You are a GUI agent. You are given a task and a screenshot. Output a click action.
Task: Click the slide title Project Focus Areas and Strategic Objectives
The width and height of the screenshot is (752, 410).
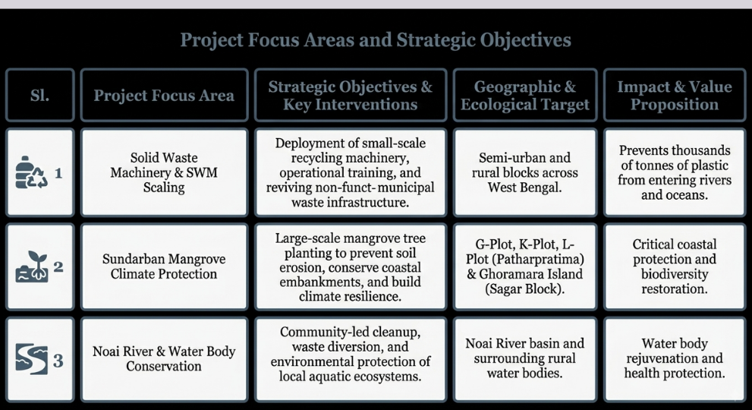click(376, 39)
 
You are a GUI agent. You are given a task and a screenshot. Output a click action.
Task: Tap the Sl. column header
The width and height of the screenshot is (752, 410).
click(39, 95)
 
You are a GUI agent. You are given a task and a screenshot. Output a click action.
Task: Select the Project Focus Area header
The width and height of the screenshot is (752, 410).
click(164, 95)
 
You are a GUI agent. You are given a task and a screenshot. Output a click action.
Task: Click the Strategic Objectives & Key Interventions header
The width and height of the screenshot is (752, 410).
click(350, 95)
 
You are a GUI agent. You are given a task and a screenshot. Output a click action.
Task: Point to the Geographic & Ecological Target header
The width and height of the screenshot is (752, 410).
click(524, 95)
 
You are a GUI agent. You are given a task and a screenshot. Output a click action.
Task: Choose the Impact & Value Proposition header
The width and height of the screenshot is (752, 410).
click(675, 95)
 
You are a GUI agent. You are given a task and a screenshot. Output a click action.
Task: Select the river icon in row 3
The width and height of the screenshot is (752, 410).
click(32, 359)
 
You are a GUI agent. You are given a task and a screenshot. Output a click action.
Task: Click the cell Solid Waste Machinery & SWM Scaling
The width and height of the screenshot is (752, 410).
click(164, 172)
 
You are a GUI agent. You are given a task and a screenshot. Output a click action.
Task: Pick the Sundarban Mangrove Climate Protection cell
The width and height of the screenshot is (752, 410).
click(164, 266)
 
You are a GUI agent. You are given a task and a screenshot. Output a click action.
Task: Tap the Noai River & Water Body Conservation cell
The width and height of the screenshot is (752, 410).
click(164, 358)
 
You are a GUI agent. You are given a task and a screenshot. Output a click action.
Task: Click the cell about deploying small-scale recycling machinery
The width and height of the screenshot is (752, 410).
click(350, 172)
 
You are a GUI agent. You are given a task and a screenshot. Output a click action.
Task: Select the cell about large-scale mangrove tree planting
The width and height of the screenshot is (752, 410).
click(350, 266)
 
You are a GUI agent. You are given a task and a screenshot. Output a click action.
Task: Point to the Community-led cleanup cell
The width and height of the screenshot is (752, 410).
click(350, 358)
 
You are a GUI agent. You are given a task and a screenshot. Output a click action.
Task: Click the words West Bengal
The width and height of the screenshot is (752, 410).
click(524, 188)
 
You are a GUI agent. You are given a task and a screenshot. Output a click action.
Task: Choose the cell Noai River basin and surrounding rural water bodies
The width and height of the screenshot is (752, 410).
click(524, 358)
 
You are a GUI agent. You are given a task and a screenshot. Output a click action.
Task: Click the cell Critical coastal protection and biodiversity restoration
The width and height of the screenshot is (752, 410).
click(675, 266)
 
